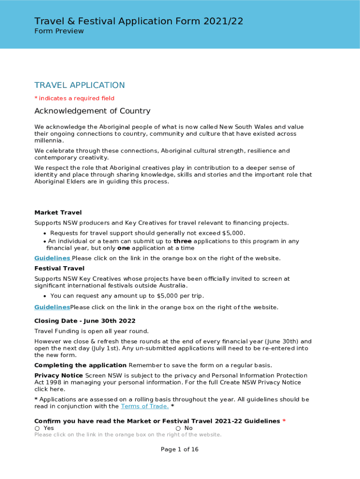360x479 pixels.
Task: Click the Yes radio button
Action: (37, 428)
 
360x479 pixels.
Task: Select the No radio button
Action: (178, 428)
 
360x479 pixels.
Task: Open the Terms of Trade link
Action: (144, 406)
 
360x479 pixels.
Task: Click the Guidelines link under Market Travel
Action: (52, 258)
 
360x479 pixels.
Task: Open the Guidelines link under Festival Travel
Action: (52, 307)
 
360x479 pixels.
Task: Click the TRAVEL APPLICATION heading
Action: (79, 85)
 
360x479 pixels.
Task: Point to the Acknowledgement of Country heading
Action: (92, 111)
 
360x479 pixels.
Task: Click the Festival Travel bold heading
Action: (59, 269)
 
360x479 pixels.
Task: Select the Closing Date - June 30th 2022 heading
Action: (85, 321)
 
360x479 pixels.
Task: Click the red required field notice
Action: (74, 98)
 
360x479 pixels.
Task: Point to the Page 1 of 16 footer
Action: (180, 450)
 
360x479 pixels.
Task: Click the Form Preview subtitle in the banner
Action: (59, 31)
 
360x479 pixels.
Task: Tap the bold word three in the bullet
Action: (182, 241)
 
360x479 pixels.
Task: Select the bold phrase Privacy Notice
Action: (58, 376)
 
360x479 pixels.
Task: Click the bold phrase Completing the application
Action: (80, 365)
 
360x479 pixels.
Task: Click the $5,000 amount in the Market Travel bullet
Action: (233, 233)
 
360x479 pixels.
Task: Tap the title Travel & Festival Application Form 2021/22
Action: (138, 21)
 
